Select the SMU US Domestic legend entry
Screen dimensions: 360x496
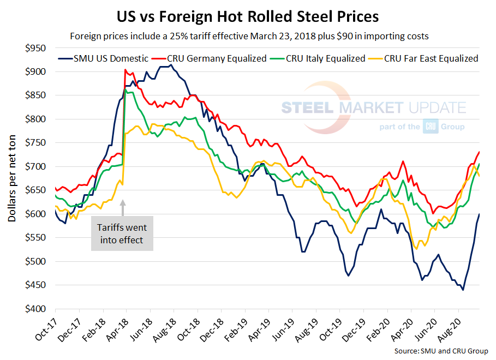click(103, 58)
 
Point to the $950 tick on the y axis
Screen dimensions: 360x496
click(38, 48)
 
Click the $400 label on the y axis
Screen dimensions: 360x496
click(38, 309)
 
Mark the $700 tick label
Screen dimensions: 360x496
click(38, 166)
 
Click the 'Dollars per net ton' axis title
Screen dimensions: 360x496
click(11, 178)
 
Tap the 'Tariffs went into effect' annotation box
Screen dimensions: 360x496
click(122, 233)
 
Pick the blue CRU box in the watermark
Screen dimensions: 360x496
click(429, 127)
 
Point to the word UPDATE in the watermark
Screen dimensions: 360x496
click(435, 107)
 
